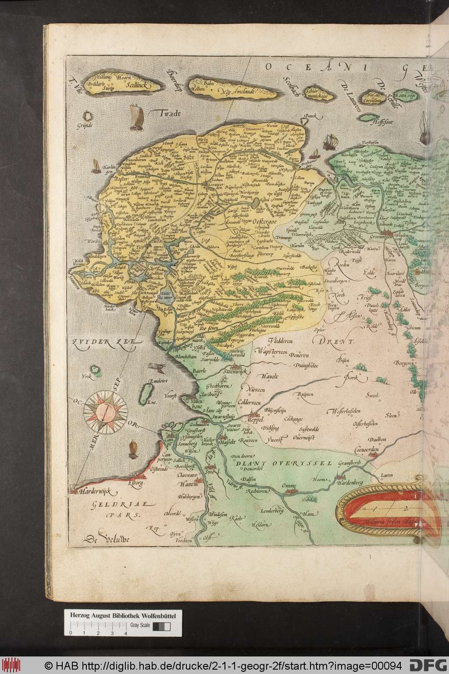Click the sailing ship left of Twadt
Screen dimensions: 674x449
(137, 117)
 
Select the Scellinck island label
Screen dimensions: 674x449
(140, 87)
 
